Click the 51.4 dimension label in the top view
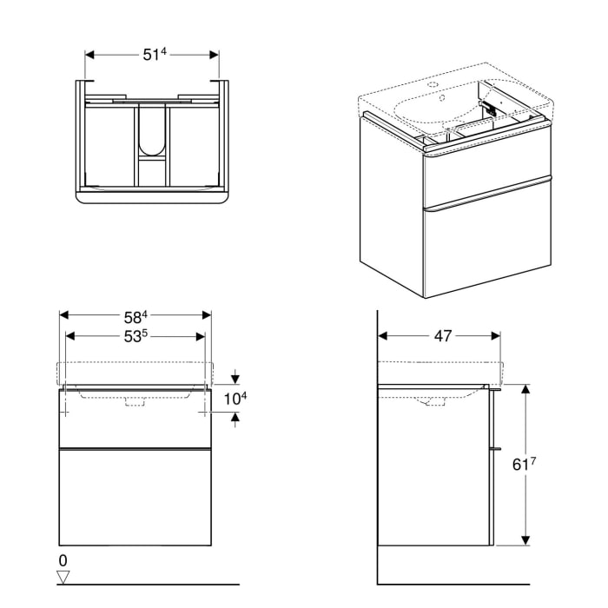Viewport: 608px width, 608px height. (x=153, y=54)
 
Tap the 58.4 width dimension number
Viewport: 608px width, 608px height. (x=135, y=314)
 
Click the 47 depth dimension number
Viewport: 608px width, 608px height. (x=442, y=335)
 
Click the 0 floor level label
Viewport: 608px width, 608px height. (x=63, y=560)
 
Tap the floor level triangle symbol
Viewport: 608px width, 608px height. (x=63, y=576)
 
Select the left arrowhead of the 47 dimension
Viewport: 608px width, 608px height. (x=383, y=335)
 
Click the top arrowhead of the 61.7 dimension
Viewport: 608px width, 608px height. (x=525, y=389)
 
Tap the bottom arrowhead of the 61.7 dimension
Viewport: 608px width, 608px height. (x=525, y=541)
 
